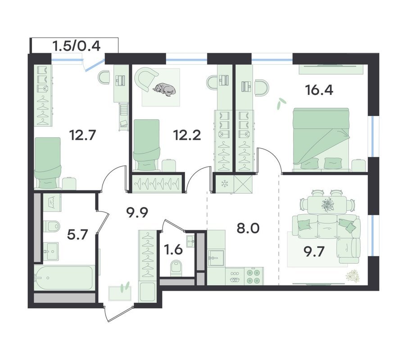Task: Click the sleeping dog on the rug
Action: coord(164,90)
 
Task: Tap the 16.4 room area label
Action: coord(319,90)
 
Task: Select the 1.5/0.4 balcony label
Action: coord(77,46)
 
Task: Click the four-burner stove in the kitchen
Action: coord(253,276)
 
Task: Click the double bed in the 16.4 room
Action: coord(321,140)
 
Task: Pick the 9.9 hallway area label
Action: coord(137,213)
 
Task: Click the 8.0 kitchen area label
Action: coord(248,229)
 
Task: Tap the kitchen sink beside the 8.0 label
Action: coord(216,258)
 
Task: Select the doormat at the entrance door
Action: coord(120,293)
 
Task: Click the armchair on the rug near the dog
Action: coord(147,78)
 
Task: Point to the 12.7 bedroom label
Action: coord(82,135)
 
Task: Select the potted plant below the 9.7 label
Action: coord(353,275)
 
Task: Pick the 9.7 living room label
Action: coord(314,252)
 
